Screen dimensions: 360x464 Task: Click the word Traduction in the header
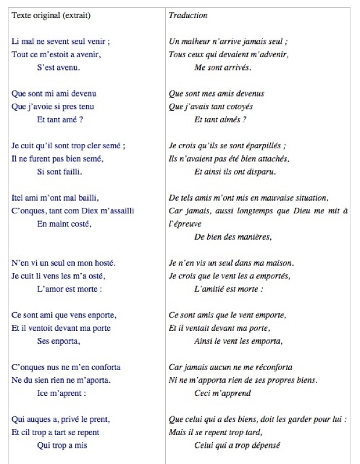188,14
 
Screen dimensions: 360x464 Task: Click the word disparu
260,171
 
